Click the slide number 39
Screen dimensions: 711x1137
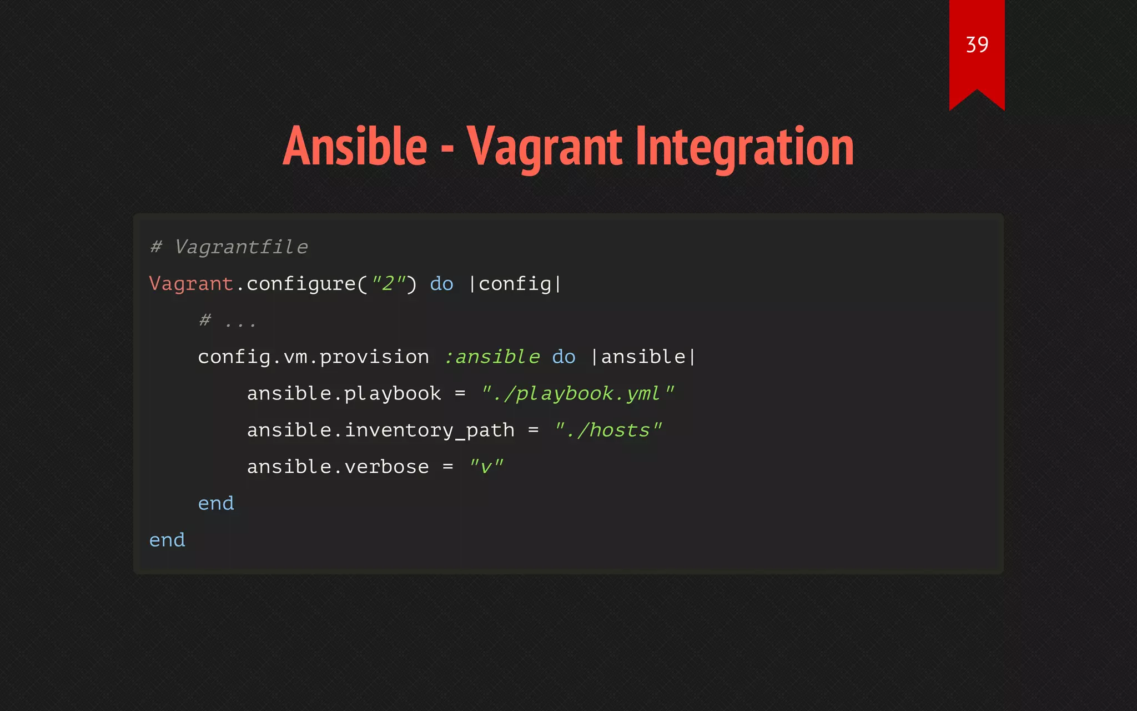pyautogui.click(x=977, y=45)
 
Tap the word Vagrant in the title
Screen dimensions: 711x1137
pyautogui.click(x=544, y=147)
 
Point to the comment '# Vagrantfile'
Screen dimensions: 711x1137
pyautogui.click(x=229, y=247)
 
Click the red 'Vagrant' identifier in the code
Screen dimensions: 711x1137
pyautogui.click(x=191, y=284)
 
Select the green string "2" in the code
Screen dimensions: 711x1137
pyautogui.click(x=389, y=284)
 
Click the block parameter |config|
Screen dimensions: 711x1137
pyautogui.click(x=515, y=284)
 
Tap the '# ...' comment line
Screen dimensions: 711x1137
pyautogui.click(x=228, y=321)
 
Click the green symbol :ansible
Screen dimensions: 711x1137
pyautogui.click(x=491, y=357)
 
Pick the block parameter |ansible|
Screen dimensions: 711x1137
pyautogui.click(x=643, y=357)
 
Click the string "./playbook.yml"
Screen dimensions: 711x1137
pyautogui.click(x=577, y=393)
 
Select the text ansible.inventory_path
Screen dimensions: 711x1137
pyautogui.click(x=381, y=430)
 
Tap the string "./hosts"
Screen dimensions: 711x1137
pyautogui.click(x=608, y=430)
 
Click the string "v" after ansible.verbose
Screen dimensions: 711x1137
pyautogui.click(x=486, y=467)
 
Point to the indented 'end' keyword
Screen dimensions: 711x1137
pyautogui.click(x=216, y=503)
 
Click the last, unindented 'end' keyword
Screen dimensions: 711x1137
pyautogui.click(x=167, y=540)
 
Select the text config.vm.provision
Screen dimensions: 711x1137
pyautogui.click(x=313, y=357)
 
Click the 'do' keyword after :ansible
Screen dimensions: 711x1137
pyautogui.click(x=564, y=357)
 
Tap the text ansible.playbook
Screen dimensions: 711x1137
pyautogui.click(x=344, y=393)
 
